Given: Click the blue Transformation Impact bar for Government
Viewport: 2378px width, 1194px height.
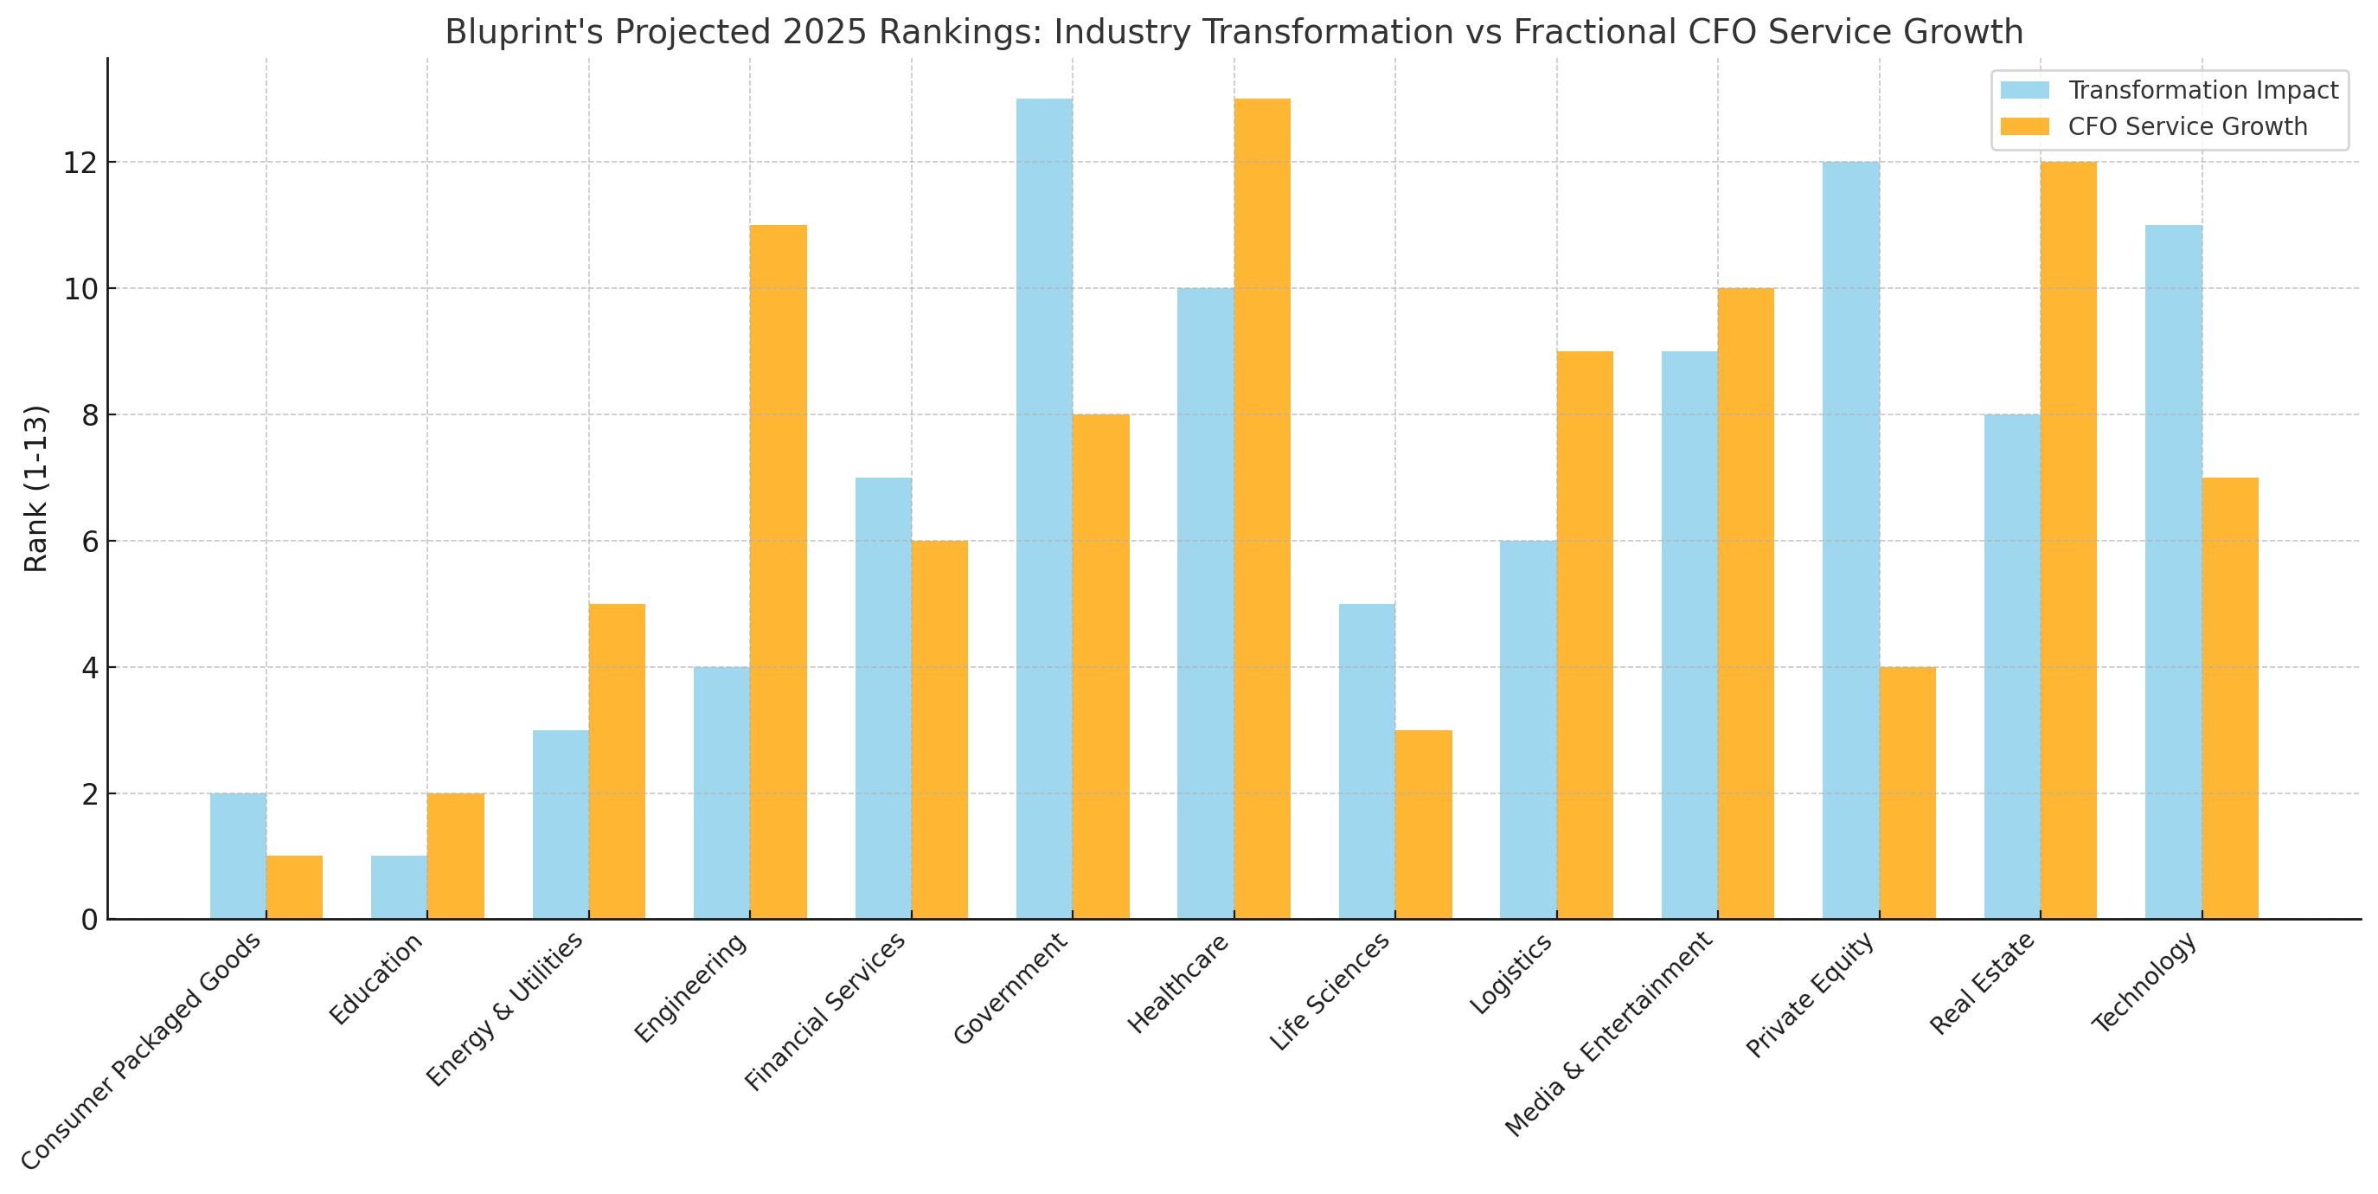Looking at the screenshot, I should click(1044, 508).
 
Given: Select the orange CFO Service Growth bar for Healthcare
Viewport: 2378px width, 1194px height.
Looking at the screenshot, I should click(1262, 508).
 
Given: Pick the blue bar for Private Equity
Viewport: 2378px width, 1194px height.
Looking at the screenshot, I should click(1851, 540).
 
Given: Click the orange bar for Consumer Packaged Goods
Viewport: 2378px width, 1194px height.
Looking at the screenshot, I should click(294, 888).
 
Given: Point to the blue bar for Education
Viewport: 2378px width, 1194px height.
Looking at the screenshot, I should click(399, 888).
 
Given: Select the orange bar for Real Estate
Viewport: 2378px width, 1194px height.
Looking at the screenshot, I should click(2067, 540).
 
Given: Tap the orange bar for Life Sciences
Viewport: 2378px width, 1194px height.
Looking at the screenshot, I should click(1424, 825).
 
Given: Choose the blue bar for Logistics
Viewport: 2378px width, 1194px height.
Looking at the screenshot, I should click(1528, 729).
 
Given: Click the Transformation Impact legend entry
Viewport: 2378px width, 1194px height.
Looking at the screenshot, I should click(2202, 91).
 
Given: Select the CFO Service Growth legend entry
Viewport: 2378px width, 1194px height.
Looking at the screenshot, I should click(2187, 126).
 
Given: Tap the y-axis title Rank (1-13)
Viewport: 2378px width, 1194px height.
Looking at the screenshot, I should click(35, 489).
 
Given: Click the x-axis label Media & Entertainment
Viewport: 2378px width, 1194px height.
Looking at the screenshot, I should click(1609, 1033).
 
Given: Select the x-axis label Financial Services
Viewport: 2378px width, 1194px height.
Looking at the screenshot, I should click(825, 1012).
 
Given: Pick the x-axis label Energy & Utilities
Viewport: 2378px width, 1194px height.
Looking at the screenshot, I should click(505, 1010).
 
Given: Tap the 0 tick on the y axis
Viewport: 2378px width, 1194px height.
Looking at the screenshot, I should click(90, 921).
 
